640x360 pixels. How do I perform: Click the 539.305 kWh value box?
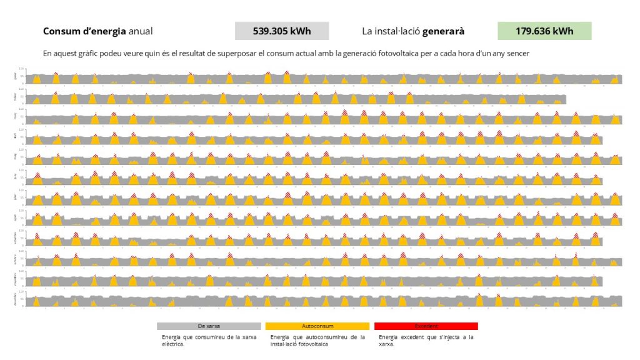point(282,31)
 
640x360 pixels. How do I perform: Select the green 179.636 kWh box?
point(544,31)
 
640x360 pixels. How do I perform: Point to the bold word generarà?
point(443,31)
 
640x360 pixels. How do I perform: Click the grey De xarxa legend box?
point(209,326)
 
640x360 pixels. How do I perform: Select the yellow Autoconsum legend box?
point(317,326)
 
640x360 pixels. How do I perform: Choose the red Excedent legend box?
point(426,326)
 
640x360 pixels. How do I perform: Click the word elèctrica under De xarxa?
point(172,344)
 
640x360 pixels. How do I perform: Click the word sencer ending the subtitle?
point(516,54)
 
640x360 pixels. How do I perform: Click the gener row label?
point(16,76)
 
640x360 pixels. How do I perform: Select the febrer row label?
point(16,96)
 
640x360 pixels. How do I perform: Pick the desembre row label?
point(16,298)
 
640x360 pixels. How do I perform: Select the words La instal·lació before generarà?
point(391,31)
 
